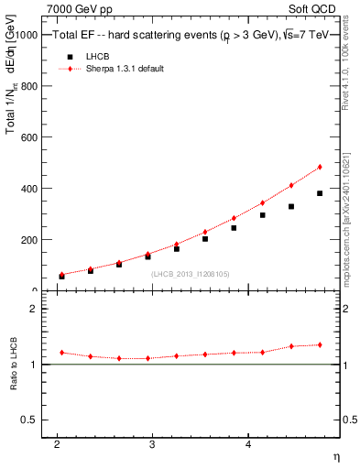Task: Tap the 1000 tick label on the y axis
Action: coord(27,35)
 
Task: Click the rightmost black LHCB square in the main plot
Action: coord(320,193)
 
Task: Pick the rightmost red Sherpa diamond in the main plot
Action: coord(320,167)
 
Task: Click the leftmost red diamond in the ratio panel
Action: coord(61,353)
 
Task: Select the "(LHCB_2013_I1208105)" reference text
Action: coord(191,273)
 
